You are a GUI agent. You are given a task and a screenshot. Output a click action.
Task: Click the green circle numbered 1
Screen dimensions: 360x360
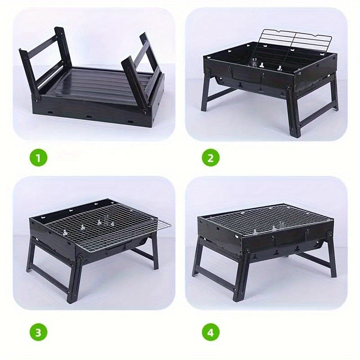coord(38,158)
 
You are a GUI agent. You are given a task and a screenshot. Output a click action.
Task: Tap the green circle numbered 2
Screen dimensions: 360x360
coord(211,158)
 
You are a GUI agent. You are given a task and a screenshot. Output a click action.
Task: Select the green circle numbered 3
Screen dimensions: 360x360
coord(38,333)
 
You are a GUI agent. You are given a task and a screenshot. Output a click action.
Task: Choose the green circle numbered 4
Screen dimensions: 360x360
coord(211,333)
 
